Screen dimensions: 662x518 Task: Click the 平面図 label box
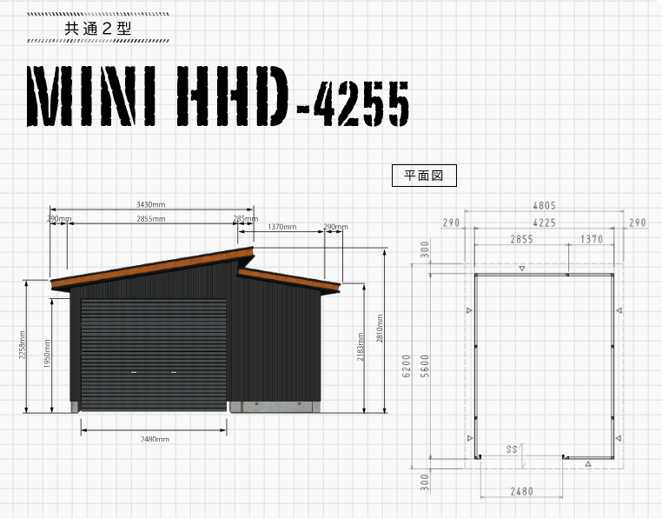point(424,176)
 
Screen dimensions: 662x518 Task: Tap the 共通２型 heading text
point(98,29)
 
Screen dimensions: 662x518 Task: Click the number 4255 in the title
point(361,103)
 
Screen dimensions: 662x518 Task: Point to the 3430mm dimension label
point(150,204)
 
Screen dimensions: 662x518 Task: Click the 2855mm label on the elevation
point(150,219)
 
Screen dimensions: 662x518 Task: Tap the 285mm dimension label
point(245,218)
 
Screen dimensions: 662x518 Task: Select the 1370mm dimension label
point(282,227)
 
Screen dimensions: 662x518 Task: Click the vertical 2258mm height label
point(22,345)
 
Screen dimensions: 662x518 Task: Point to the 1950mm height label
point(47,353)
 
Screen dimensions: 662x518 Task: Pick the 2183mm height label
point(361,347)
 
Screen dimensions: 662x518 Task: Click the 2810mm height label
point(380,329)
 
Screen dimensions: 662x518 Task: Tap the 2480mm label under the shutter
point(155,440)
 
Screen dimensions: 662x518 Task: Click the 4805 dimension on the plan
point(544,206)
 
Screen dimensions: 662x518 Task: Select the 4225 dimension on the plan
point(544,222)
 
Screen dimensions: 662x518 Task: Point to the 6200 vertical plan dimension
point(407,366)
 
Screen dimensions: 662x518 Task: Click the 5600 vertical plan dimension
point(425,366)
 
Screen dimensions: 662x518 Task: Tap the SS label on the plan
point(512,449)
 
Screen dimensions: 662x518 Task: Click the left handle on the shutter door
point(134,372)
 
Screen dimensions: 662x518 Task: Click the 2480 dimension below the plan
point(522,492)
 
